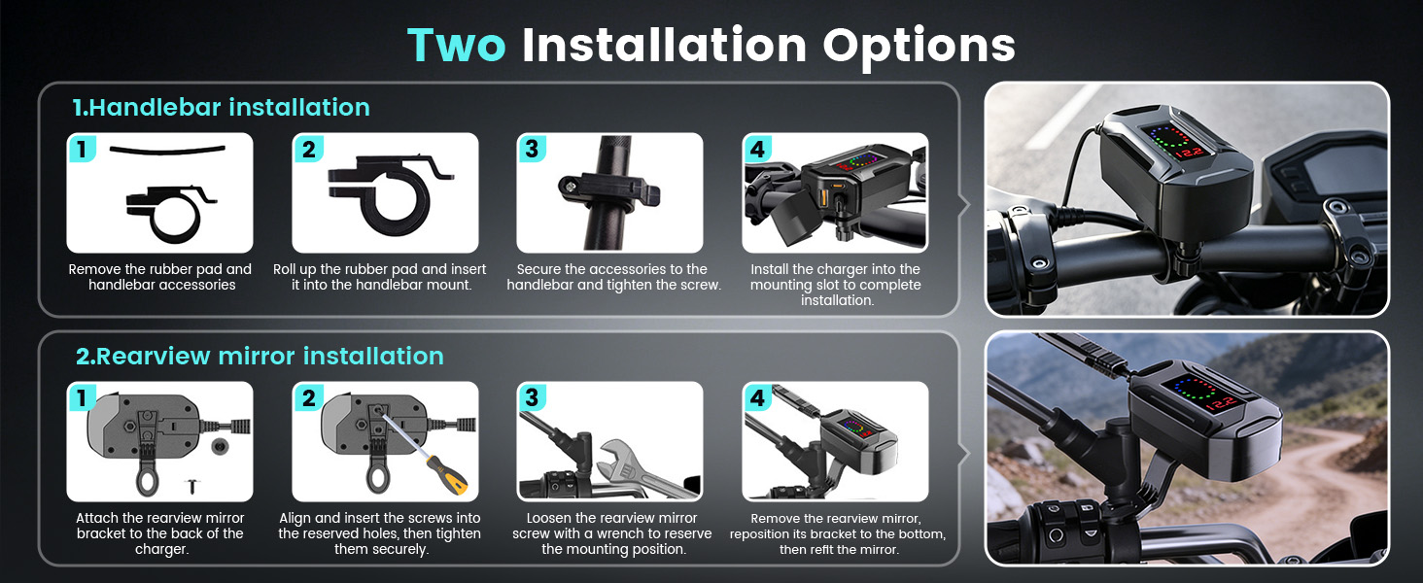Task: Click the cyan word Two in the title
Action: [x=456, y=45]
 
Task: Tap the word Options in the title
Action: [x=919, y=47]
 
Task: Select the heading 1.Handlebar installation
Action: [x=221, y=107]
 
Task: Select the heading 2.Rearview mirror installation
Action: [x=260, y=357]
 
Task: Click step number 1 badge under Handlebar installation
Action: [x=82, y=149]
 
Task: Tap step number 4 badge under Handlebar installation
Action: [x=757, y=149]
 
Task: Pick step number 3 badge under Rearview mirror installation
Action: [x=532, y=397]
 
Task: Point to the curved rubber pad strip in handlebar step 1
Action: [x=168, y=151]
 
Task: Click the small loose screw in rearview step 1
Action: [x=192, y=487]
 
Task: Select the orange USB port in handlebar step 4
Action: [x=823, y=197]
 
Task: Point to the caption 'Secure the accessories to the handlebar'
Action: [x=613, y=277]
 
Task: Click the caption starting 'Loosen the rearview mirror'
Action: [x=612, y=533]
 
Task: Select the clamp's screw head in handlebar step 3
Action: [x=571, y=187]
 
